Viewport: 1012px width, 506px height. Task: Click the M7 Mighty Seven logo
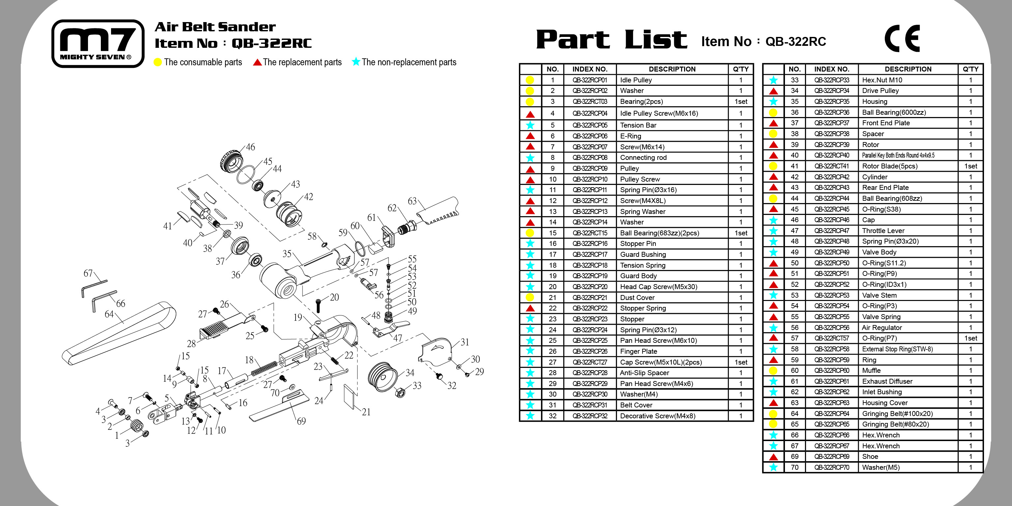98,43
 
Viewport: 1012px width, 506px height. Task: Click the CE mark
902,38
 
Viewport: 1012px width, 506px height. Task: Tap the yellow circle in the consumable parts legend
158,62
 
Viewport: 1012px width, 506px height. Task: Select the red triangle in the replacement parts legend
257,62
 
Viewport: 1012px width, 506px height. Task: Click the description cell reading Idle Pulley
636,80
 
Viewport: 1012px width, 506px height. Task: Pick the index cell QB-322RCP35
831,101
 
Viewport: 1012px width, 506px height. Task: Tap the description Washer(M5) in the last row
881,467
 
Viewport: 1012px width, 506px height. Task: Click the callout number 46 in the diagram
250,147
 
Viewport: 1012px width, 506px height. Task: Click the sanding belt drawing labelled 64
118,334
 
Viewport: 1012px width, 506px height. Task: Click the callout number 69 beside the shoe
301,421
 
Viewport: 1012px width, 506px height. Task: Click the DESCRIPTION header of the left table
672,69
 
